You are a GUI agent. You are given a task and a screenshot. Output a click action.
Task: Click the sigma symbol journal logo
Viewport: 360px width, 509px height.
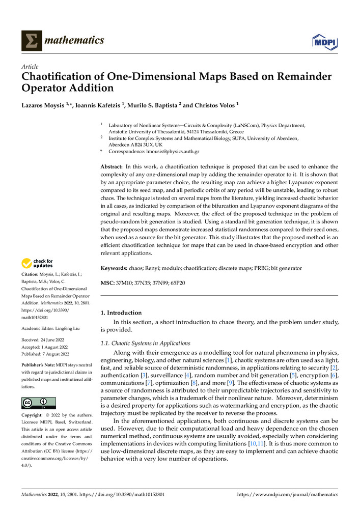click(32, 41)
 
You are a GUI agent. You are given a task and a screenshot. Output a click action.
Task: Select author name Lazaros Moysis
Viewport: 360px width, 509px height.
click(43, 105)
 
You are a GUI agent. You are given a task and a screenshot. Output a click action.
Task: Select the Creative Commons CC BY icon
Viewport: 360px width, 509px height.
click(39, 403)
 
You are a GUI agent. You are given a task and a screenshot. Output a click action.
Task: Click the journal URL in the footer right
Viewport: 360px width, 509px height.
click(288, 494)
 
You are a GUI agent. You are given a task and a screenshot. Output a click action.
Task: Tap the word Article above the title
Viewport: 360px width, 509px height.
click(29, 66)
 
